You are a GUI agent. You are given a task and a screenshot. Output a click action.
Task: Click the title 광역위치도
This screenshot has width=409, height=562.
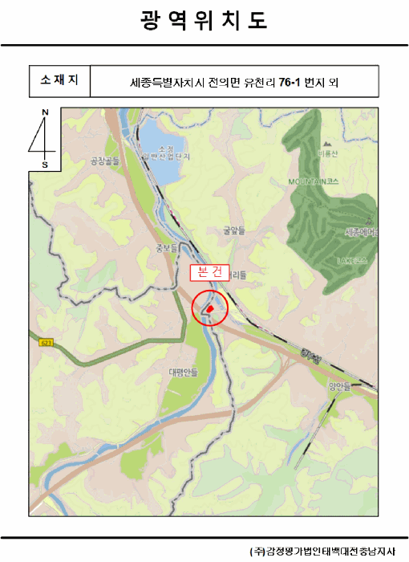[x=204, y=20]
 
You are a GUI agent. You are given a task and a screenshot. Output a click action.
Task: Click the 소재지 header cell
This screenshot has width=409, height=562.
[x=59, y=80]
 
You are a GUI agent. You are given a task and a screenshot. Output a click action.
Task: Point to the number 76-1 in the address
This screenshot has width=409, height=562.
[x=290, y=81]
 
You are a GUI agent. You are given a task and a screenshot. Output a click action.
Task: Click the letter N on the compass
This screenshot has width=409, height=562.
[x=45, y=112]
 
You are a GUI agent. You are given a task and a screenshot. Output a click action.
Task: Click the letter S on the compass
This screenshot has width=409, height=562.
[x=45, y=164]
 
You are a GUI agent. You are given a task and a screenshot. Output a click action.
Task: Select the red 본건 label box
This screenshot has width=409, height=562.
[x=209, y=272]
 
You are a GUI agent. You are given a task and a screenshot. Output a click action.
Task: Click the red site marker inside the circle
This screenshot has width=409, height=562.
[x=209, y=307]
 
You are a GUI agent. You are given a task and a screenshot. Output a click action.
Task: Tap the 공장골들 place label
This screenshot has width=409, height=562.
[x=104, y=161]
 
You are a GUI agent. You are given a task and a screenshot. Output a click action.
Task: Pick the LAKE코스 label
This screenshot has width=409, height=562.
[x=353, y=260]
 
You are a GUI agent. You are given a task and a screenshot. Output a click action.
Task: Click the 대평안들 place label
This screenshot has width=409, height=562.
[x=183, y=372]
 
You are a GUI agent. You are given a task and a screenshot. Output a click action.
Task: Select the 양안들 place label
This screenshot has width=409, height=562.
[x=339, y=386]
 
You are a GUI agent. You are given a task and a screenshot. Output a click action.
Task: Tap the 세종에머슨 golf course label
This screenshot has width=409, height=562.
[x=361, y=233]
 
